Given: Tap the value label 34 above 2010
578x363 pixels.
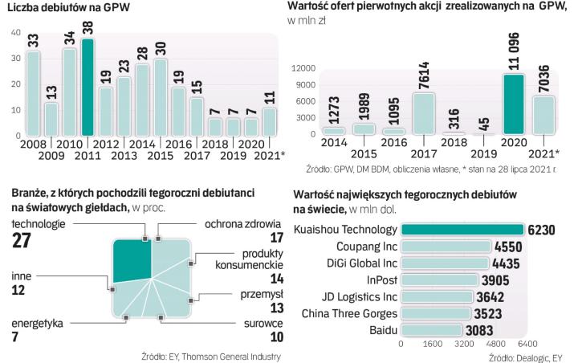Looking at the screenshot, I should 71,38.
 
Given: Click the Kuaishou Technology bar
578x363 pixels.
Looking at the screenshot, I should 461,230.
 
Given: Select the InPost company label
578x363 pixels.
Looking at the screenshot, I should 379,280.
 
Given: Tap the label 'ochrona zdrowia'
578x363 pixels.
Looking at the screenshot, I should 242,223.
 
